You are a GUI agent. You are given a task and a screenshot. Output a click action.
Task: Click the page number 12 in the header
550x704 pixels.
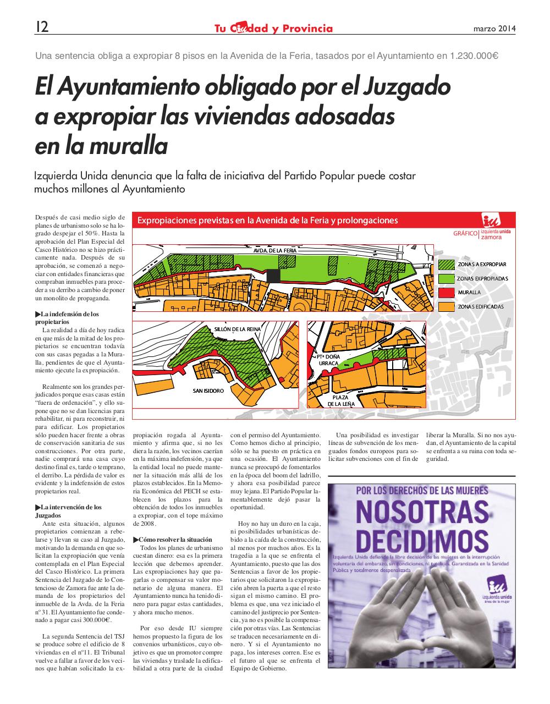[41, 28]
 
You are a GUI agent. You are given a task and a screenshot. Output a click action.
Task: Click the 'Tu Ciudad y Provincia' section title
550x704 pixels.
[273, 28]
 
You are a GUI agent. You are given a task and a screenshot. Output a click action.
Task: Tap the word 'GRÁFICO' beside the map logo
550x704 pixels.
[465, 234]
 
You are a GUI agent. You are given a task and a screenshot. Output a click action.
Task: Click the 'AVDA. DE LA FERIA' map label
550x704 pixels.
[275, 251]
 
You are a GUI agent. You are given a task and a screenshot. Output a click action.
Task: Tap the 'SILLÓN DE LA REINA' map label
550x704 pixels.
[238, 329]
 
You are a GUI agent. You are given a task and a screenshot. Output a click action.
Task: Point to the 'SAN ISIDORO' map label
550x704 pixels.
[208, 391]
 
